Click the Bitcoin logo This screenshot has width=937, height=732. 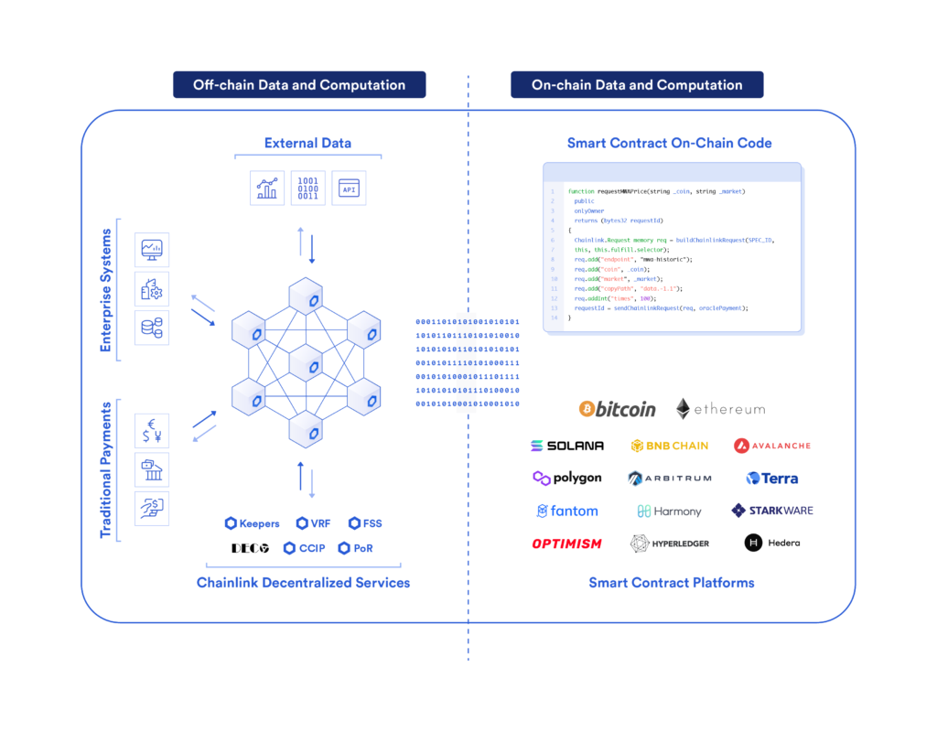pos(618,409)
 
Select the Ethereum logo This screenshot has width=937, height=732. pos(720,409)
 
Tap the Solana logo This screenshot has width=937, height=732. pos(567,446)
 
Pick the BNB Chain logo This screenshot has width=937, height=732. pos(670,446)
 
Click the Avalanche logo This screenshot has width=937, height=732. pos(772,446)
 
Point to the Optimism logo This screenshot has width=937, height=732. pos(567,544)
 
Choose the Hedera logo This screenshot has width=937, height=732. pos(772,543)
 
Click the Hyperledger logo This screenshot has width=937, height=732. pos(670,544)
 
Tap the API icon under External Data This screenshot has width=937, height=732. pos(349,188)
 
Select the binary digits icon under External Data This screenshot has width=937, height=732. pos(308,188)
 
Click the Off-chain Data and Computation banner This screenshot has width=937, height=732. pos(299,85)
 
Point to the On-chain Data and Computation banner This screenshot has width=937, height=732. pos(637,85)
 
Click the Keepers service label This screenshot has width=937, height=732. pos(252,523)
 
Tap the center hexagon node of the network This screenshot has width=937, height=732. pos(305,363)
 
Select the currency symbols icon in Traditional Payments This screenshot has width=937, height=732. pos(152,430)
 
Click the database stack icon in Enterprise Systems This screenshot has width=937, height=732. pos(152,328)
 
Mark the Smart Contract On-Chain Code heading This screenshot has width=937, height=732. pos(669,143)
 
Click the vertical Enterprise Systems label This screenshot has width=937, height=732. pos(105,290)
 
